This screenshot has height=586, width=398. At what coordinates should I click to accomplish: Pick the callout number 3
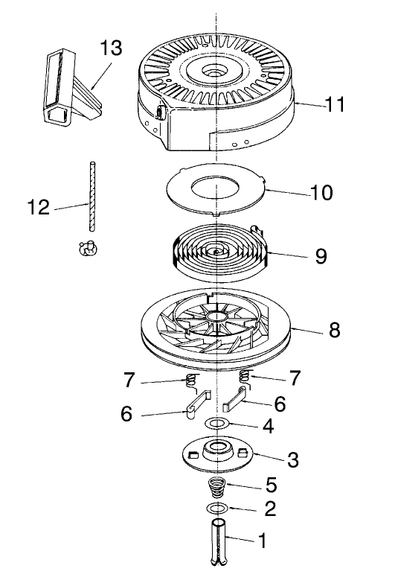pos(292,459)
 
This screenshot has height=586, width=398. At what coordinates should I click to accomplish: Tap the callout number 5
pos(271,485)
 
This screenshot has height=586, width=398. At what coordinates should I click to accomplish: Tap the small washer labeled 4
pos(217,424)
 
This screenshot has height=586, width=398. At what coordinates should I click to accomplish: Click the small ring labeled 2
pos(216,508)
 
